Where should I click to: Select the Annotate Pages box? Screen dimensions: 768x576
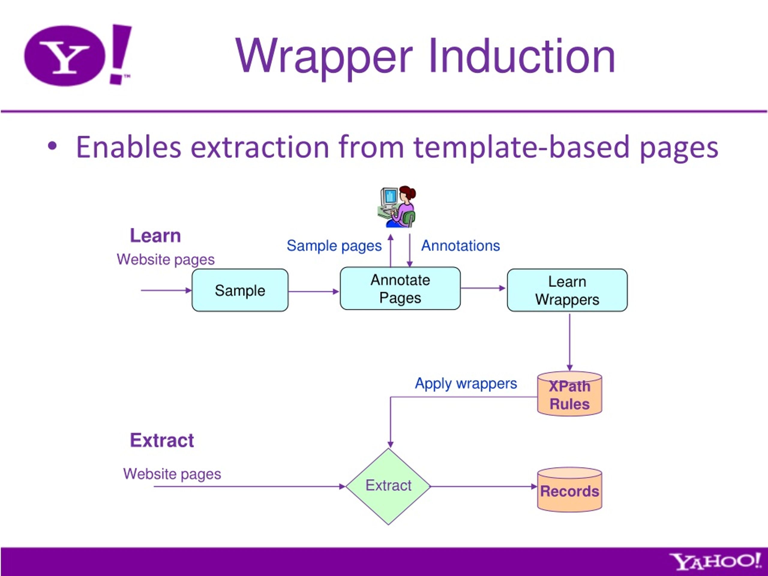[400, 288]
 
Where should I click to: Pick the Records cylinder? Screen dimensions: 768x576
[569, 490]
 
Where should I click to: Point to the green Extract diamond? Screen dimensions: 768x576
[388, 486]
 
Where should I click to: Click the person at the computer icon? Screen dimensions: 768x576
[397, 207]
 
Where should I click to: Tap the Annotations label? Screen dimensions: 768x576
[460, 245]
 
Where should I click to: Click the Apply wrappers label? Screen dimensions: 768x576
[466, 384]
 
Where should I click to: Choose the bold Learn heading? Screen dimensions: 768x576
[155, 236]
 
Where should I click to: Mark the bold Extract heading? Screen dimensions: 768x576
[162, 440]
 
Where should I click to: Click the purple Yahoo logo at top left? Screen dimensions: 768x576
[78, 55]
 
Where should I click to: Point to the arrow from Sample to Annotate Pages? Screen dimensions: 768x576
[314, 292]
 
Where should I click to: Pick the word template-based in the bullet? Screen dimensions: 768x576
[521, 148]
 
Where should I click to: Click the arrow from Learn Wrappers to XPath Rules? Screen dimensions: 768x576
[569, 342]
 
